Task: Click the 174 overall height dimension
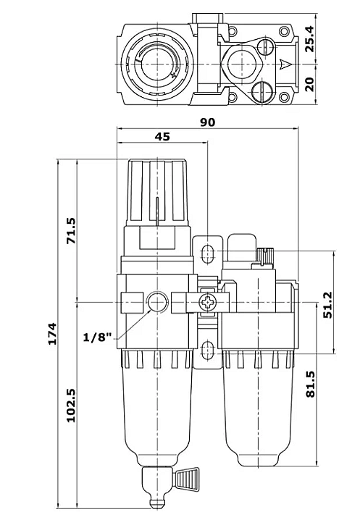pyautogui.click(x=53, y=333)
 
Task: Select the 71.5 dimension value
pyautogui.click(x=72, y=231)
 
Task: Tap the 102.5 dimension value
pyautogui.click(x=72, y=406)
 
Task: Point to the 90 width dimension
pyautogui.click(x=207, y=122)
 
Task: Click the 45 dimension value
pyautogui.click(x=162, y=137)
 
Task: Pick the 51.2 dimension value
pyautogui.click(x=328, y=306)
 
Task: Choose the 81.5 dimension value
pyautogui.click(x=310, y=384)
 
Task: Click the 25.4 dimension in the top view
pyautogui.click(x=309, y=39)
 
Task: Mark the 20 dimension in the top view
pyautogui.click(x=309, y=84)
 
